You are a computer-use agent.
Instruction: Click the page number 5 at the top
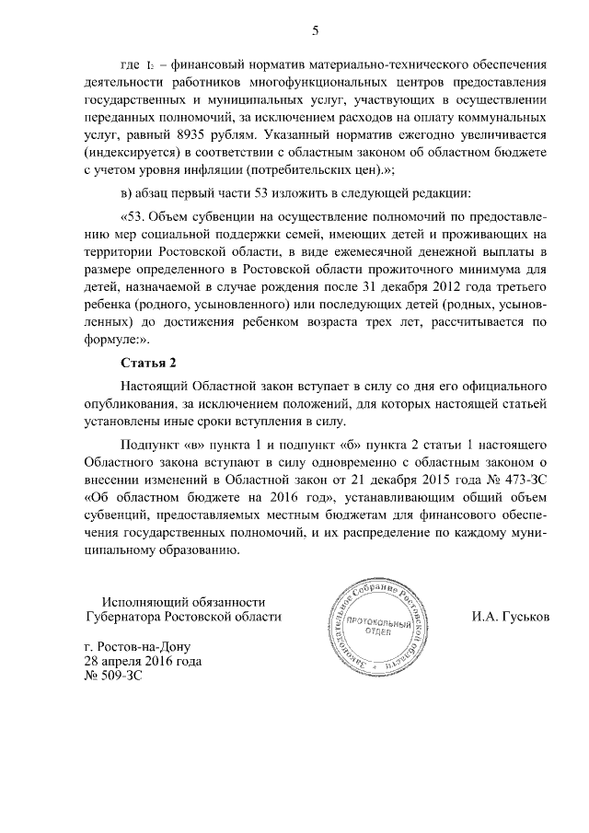point(315,30)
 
